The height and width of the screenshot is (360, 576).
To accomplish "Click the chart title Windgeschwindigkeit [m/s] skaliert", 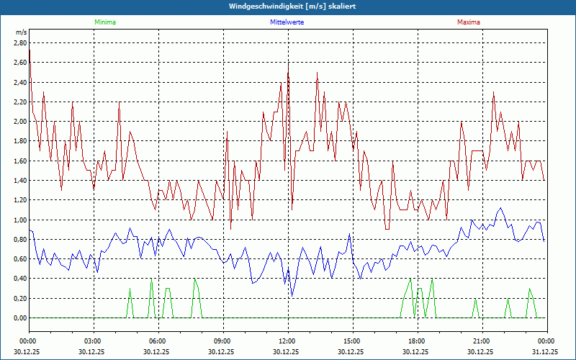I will click(288, 6).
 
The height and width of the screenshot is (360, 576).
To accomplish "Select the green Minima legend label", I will click(104, 22).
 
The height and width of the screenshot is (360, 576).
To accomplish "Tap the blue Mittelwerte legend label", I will click(287, 22).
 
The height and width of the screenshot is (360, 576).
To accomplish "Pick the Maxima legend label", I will click(468, 22).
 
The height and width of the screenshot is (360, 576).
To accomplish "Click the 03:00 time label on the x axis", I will click(93, 341).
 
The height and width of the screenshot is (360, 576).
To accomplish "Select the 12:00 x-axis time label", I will click(287, 341).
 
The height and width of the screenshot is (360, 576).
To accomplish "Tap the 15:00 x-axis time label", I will click(352, 341).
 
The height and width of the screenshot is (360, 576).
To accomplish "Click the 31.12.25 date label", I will click(545, 352).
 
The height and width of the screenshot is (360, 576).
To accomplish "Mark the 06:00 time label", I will click(158, 341).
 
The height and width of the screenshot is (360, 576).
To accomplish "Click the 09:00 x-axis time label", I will click(222, 341).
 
